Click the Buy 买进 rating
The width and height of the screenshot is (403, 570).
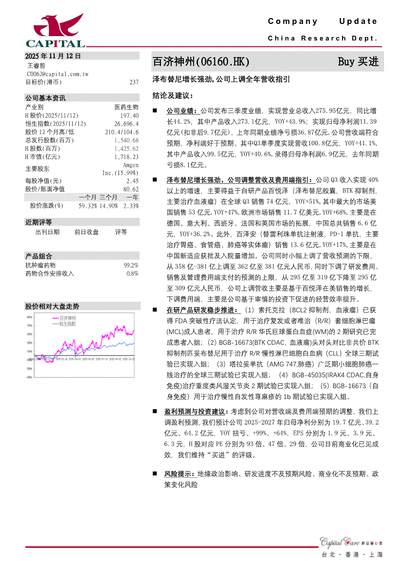(358, 62)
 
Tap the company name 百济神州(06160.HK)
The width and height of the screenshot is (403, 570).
(201, 62)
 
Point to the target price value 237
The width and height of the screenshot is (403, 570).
(134, 82)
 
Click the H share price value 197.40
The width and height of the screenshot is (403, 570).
(129, 115)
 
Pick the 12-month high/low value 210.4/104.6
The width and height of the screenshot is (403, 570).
(121, 132)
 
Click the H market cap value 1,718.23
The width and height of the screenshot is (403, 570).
(126, 157)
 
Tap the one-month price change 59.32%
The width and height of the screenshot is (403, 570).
(88, 206)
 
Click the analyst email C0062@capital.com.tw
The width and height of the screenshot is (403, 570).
(58, 74)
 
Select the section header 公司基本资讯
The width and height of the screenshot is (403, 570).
(45, 98)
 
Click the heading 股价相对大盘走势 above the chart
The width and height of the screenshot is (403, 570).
(52, 306)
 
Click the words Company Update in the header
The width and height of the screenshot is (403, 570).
(323, 21)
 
